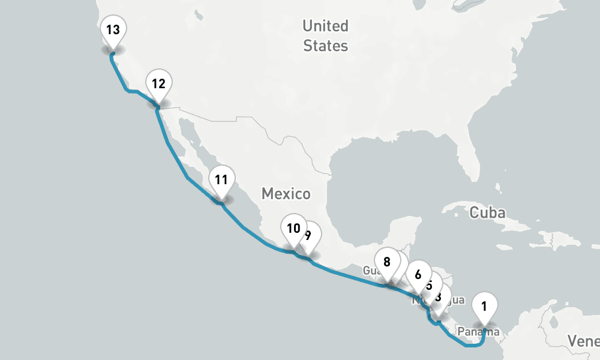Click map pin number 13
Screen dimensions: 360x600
tap(112, 30)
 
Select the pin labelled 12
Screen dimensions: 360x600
tap(158, 84)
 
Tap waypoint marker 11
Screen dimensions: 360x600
tap(221, 179)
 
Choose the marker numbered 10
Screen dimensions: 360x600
tap(293, 229)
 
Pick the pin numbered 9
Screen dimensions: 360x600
tap(310, 235)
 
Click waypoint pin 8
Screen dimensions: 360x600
tap(386, 262)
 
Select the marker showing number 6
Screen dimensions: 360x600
tap(418, 275)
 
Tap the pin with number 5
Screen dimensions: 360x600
tap(430, 285)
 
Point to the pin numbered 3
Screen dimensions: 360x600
tap(439, 296)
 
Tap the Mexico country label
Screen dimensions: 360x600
tap(286, 194)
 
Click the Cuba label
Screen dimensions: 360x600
tap(488, 212)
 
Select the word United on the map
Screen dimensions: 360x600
tap(325, 26)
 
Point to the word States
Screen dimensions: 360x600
tap(325, 46)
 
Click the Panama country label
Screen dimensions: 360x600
tap(478, 332)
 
